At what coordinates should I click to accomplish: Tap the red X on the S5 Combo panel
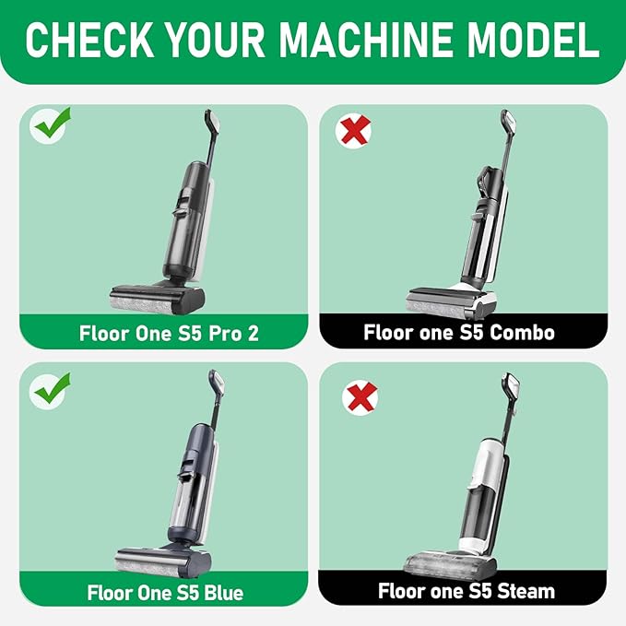click(354, 130)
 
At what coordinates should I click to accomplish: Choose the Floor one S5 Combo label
click(459, 332)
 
